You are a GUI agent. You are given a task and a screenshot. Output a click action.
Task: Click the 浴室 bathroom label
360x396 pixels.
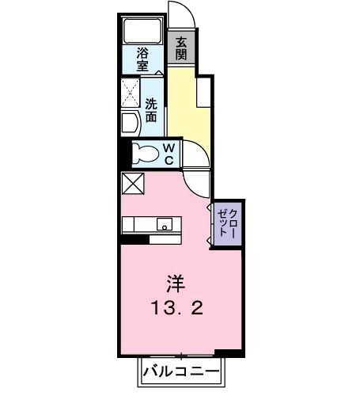click(x=142, y=61)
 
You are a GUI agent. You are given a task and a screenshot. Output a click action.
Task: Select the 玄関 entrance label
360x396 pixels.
click(x=180, y=48)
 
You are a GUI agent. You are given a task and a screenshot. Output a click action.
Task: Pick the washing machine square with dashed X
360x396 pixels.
click(x=130, y=94)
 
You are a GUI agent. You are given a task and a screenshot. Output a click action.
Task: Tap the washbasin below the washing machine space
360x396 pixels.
click(x=129, y=123)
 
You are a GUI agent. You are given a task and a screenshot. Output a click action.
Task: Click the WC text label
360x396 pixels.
click(x=169, y=153)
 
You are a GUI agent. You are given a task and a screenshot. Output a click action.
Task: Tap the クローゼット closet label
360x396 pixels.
click(x=227, y=223)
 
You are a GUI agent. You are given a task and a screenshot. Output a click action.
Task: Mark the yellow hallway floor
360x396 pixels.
click(x=188, y=111)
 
